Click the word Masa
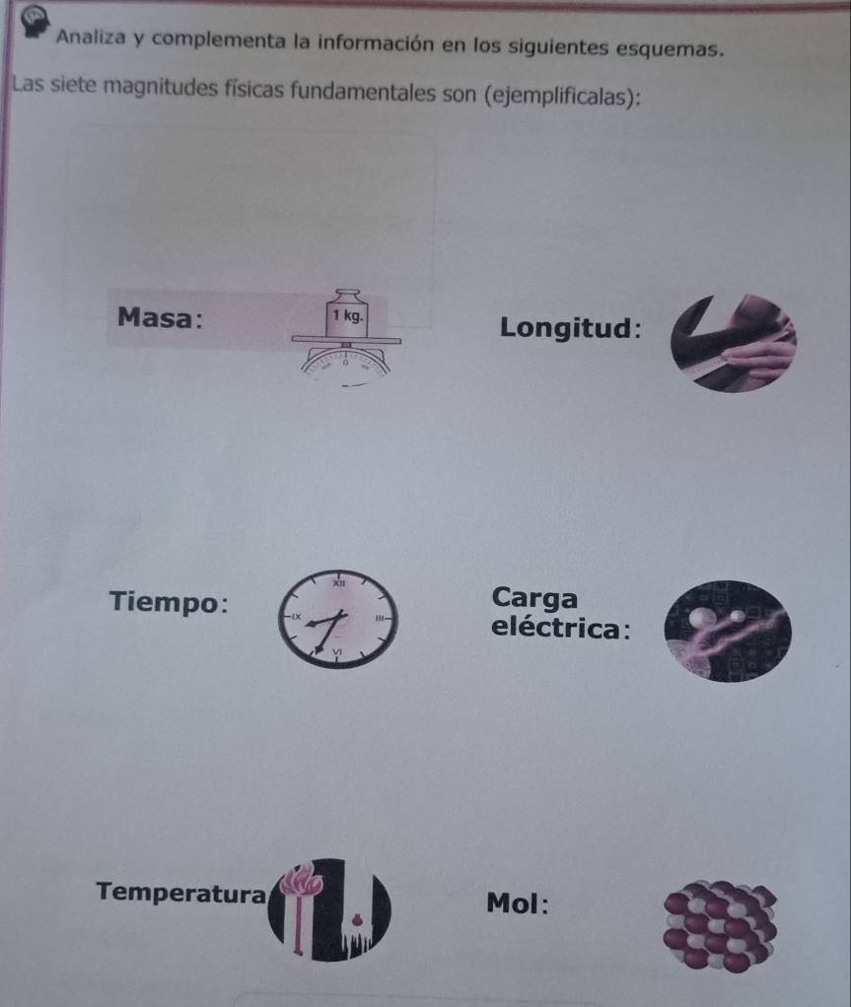coord(155,317)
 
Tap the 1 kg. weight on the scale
coord(347,313)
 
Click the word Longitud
coord(566,327)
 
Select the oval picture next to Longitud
coord(734,343)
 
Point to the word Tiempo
coord(165,602)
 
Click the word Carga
coord(534,598)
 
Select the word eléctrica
coord(555,627)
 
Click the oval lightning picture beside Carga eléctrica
coord(728,631)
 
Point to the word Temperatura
coord(180,892)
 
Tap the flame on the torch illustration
coord(300,879)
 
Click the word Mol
coord(512,903)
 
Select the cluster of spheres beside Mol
coord(720,925)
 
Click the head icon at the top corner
coord(35,22)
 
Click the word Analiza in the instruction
coord(91,36)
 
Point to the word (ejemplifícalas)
coord(562,97)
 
